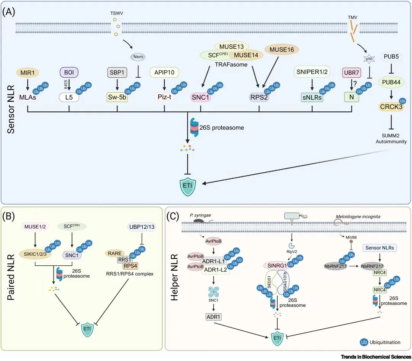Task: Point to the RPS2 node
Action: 259,97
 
